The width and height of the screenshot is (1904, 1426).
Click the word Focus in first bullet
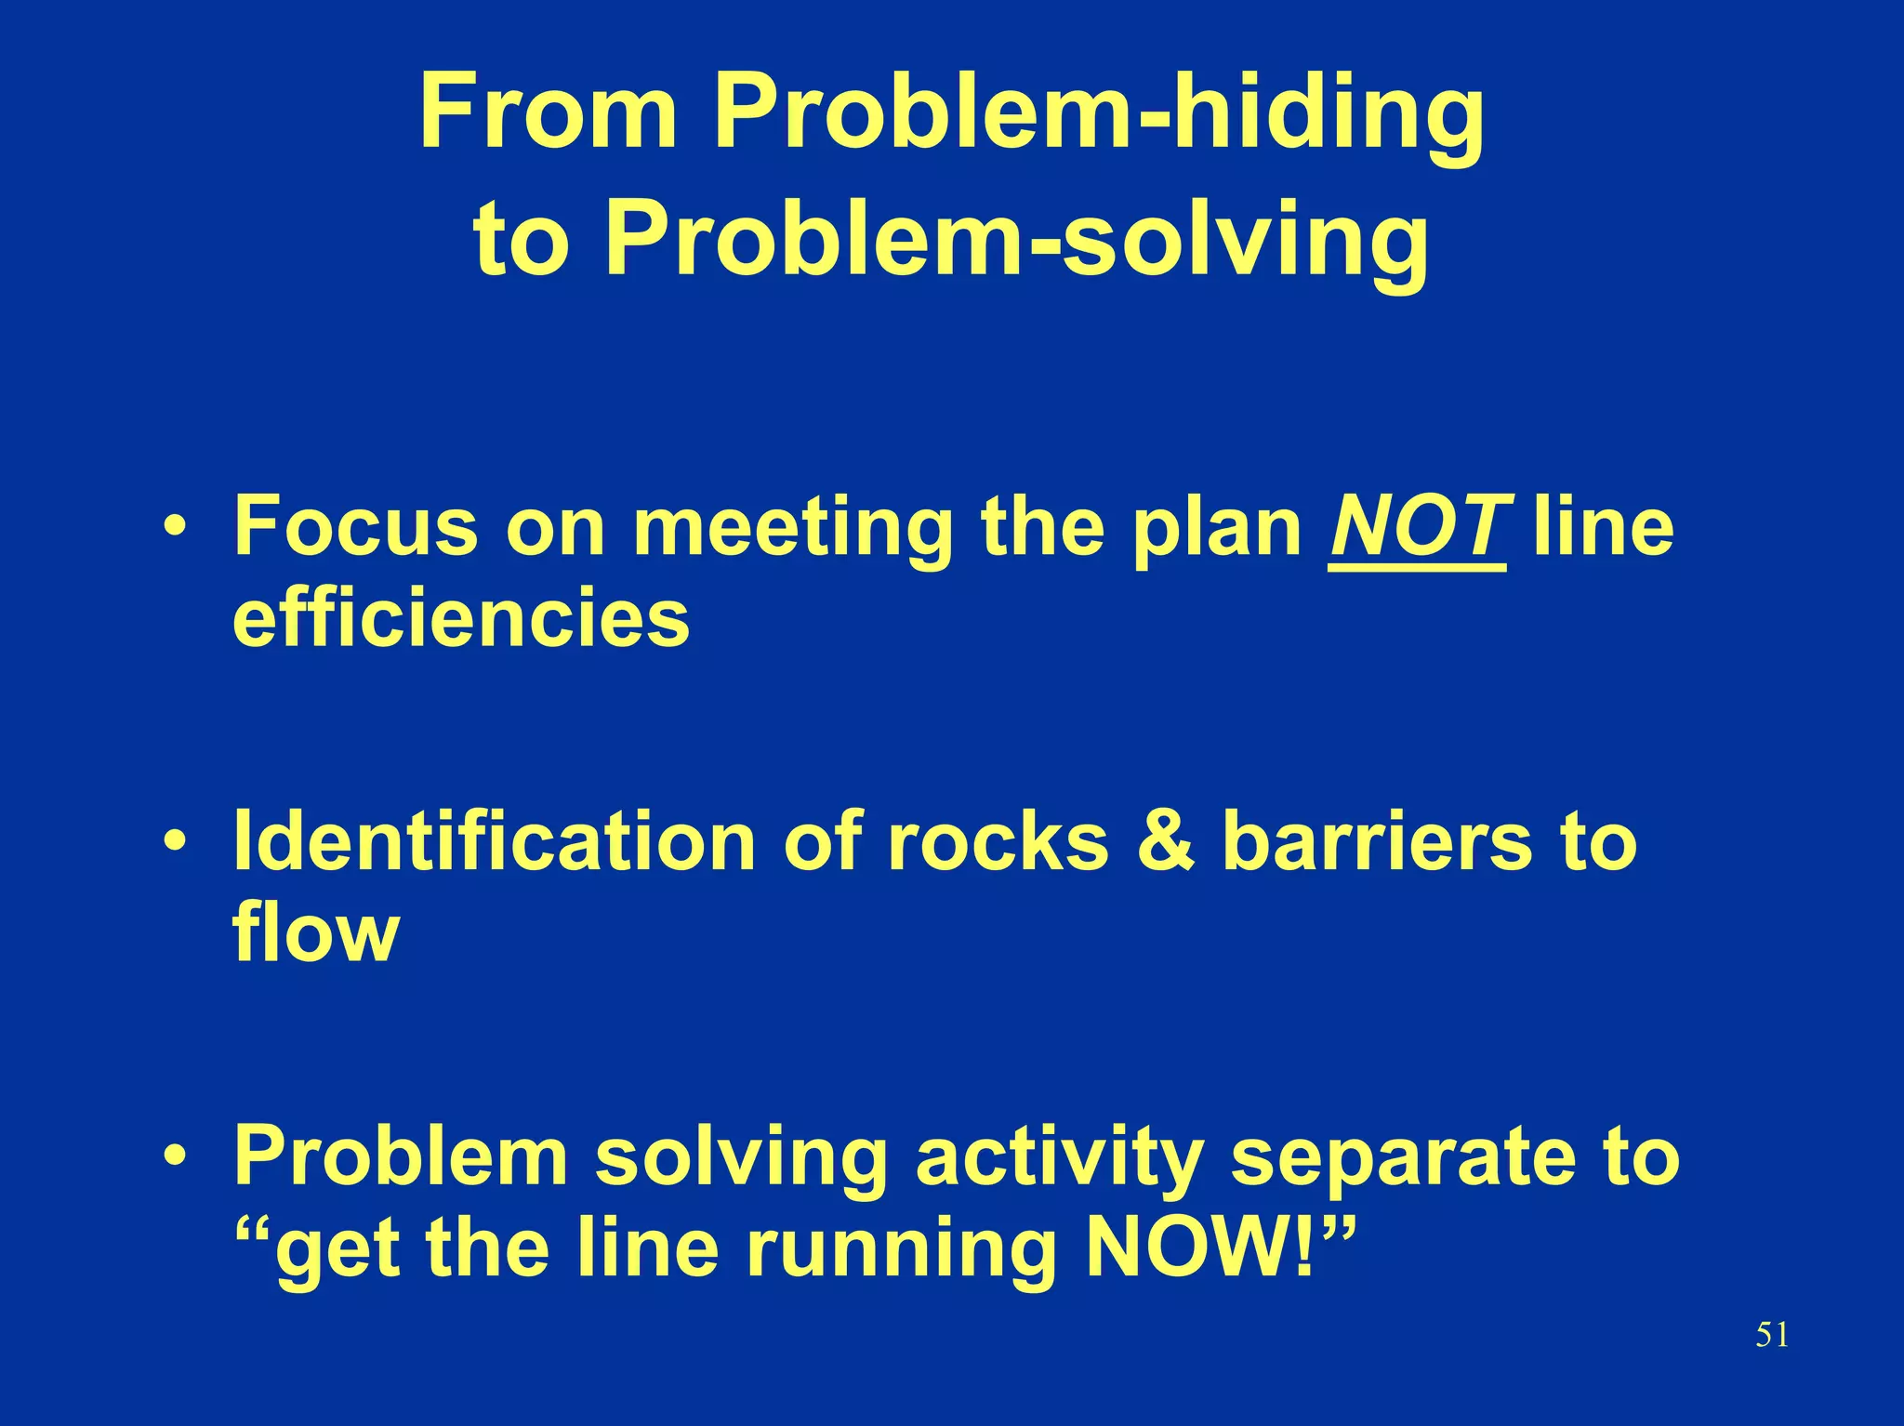(x=354, y=527)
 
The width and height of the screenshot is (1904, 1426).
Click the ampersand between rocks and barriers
(x=1166, y=841)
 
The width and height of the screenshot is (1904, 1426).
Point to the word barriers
(x=1376, y=841)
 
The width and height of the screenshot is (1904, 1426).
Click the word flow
(x=316, y=932)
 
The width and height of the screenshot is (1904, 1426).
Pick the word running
(x=901, y=1251)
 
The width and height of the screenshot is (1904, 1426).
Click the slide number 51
(x=1772, y=1336)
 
